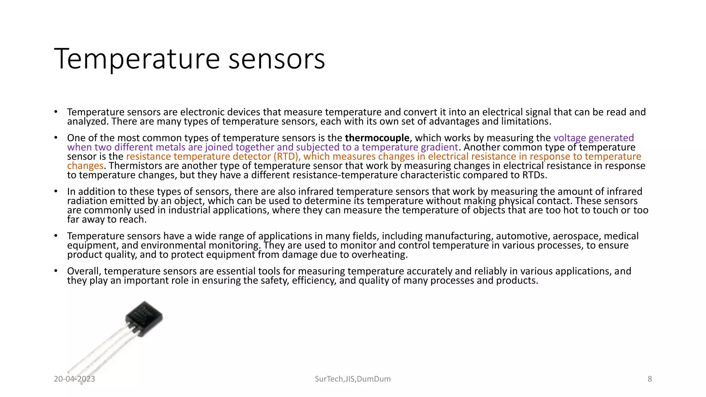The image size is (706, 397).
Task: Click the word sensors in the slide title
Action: pyautogui.click(x=277, y=59)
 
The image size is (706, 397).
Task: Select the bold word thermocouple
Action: pyautogui.click(x=377, y=138)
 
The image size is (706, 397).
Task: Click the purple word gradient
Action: pyautogui.click(x=440, y=147)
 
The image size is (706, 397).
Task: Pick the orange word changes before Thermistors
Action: pyautogui.click(x=85, y=166)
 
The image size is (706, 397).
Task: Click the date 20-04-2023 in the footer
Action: pyautogui.click(x=74, y=379)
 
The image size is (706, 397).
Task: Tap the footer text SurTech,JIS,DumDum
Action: pyautogui.click(x=353, y=379)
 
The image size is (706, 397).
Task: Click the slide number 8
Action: pyautogui.click(x=650, y=379)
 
